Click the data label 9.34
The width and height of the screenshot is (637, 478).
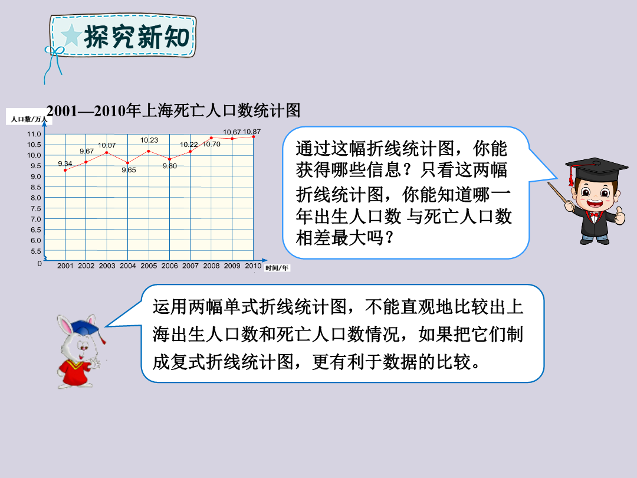(65, 163)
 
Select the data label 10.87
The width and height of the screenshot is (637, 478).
(252, 132)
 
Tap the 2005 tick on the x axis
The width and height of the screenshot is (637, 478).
(149, 266)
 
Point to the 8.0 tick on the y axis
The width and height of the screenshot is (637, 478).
(34, 198)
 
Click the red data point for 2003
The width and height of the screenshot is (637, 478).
(107, 153)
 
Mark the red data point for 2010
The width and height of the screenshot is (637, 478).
(254, 136)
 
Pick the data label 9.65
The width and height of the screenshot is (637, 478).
(129, 170)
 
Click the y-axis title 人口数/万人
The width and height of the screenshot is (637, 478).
(29, 119)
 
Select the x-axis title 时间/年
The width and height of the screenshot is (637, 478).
(277, 268)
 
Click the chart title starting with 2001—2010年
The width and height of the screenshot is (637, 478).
(173, 110)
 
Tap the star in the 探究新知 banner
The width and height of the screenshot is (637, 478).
(71, 35)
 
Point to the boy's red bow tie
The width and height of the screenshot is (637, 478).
(595, 214)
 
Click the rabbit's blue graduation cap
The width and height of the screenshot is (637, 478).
(86, 327)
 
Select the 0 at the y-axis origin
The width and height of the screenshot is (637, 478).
(40, 263)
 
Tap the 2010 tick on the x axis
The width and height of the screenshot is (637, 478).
(253, 266)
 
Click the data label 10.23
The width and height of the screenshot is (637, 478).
(149, 140)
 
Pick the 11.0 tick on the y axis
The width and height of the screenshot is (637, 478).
(34, 134)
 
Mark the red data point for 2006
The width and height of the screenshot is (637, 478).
(170, 159)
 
